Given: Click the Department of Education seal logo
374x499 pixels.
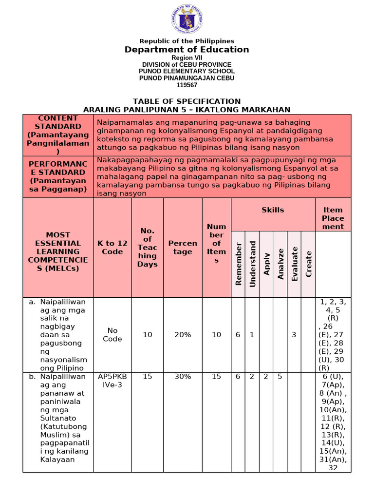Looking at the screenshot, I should point(187,19).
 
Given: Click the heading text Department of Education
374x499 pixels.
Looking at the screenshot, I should point(187,50).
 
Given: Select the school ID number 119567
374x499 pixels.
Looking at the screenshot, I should point(187,85).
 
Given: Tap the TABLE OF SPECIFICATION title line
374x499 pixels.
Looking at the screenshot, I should point(187,101).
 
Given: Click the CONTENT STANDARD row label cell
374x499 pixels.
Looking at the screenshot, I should point(58,135).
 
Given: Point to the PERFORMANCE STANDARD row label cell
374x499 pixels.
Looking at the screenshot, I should point(58,176).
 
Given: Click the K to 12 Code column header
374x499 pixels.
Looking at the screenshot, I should point(112,248).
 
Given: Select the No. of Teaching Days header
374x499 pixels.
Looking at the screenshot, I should point(148,248).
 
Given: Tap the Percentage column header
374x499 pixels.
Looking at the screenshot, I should point(183,248).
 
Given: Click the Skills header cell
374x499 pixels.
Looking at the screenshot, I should point(273,210).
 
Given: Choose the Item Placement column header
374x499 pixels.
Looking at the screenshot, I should point(333,218).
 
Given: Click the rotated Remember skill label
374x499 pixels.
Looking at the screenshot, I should point(239,264).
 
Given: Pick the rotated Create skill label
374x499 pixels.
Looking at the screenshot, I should point(309,264).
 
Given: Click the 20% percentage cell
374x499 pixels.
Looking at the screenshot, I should point(183,335).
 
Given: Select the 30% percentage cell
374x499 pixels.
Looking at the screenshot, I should point(183,377).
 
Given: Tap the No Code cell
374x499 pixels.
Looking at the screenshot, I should point(112,335).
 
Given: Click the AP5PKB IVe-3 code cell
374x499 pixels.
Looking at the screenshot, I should point(112,381).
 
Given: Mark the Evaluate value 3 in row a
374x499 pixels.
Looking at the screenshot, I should point(294,335).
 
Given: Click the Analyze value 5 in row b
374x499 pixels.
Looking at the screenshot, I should point(280,377).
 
